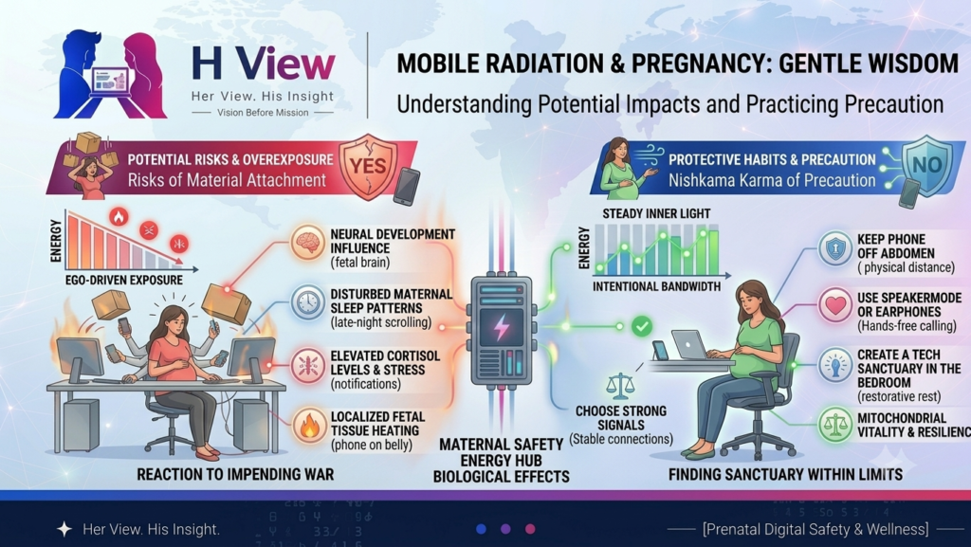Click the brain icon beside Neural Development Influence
308,242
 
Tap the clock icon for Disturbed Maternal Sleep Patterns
308,302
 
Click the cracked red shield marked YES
368,166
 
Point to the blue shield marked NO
926,165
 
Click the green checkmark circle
642,326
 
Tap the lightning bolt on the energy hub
501,327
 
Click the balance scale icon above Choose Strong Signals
620,386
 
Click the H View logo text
264,64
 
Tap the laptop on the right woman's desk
691,345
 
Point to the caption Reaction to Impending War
235,475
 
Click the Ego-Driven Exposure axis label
124,281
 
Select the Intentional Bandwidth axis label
656,286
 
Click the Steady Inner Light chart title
656,213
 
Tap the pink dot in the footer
530,529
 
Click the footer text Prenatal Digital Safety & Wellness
815,530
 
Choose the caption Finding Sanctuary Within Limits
785,475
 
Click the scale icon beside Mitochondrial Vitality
835,425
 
